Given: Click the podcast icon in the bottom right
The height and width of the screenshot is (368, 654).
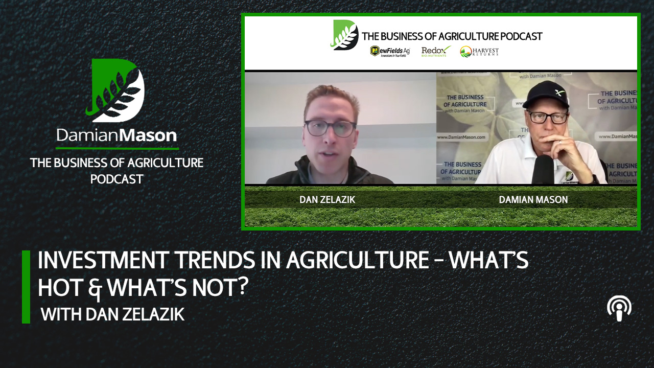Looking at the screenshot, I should click(619, 309).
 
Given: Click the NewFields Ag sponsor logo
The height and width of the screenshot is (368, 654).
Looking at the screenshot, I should click(390, 51).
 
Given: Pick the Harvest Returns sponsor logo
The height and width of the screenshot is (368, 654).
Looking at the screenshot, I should click(479, 52).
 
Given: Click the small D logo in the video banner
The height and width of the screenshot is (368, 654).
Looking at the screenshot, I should click(345, 35).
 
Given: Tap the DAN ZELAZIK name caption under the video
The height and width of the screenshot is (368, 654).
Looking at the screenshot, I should click(327, 200).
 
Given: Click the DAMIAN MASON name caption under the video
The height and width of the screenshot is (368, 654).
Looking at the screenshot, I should click(533, 200).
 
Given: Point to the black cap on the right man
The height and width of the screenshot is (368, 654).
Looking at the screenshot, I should click(546, 94).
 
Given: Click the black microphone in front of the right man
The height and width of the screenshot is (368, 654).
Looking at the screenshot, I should click(543, 169).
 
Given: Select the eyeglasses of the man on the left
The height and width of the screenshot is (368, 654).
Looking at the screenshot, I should click(330, 128).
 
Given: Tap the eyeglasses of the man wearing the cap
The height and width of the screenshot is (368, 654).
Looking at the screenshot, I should click(547, 116).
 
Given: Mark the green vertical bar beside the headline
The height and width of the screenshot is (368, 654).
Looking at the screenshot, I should click(26, 287).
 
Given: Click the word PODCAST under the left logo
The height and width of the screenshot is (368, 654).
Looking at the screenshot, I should click(116, 179).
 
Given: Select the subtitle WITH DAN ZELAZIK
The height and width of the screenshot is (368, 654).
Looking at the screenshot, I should click(112, 314).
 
